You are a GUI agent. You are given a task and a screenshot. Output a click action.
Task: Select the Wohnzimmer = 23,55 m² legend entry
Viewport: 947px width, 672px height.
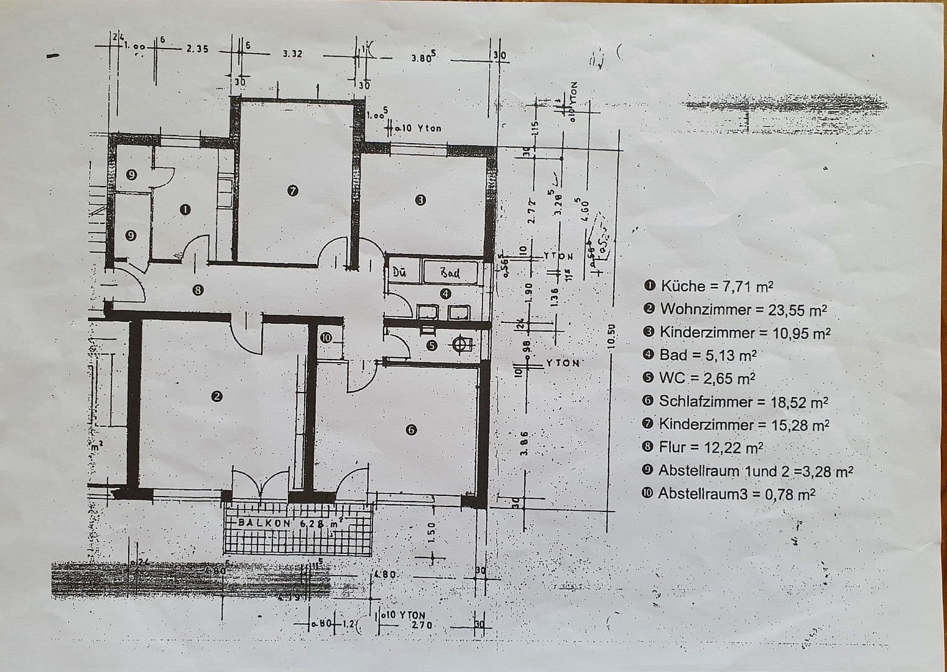coord(736,309)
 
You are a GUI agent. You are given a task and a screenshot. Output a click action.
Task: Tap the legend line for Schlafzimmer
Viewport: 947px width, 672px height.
coord(736,402)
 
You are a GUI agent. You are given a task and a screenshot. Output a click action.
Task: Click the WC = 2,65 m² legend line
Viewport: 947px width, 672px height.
coord(700,378)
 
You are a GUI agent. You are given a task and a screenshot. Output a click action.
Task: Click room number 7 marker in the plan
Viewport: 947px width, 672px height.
coord(293,190)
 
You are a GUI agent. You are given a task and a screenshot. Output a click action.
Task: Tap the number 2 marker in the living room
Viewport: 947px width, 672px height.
coord(216,396)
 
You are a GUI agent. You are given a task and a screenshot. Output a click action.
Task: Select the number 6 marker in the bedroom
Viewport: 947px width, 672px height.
coord(411,429)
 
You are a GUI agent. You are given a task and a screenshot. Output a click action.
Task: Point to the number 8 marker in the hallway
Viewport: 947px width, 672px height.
coord(198,289)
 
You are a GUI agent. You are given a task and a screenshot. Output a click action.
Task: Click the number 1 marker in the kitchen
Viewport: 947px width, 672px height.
coord(185,210)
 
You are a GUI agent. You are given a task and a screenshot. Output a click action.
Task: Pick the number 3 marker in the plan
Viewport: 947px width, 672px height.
coord(420,200)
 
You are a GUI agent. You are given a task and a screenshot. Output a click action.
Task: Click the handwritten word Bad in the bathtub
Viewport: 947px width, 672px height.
coord(450,273)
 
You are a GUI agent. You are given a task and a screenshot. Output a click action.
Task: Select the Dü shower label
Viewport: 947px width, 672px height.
coord(400,272)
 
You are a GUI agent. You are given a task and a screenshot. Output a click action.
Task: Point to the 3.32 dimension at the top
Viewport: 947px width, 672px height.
coord(292,54)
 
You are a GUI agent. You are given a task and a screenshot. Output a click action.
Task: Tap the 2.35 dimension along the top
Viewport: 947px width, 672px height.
coord(198,49)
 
